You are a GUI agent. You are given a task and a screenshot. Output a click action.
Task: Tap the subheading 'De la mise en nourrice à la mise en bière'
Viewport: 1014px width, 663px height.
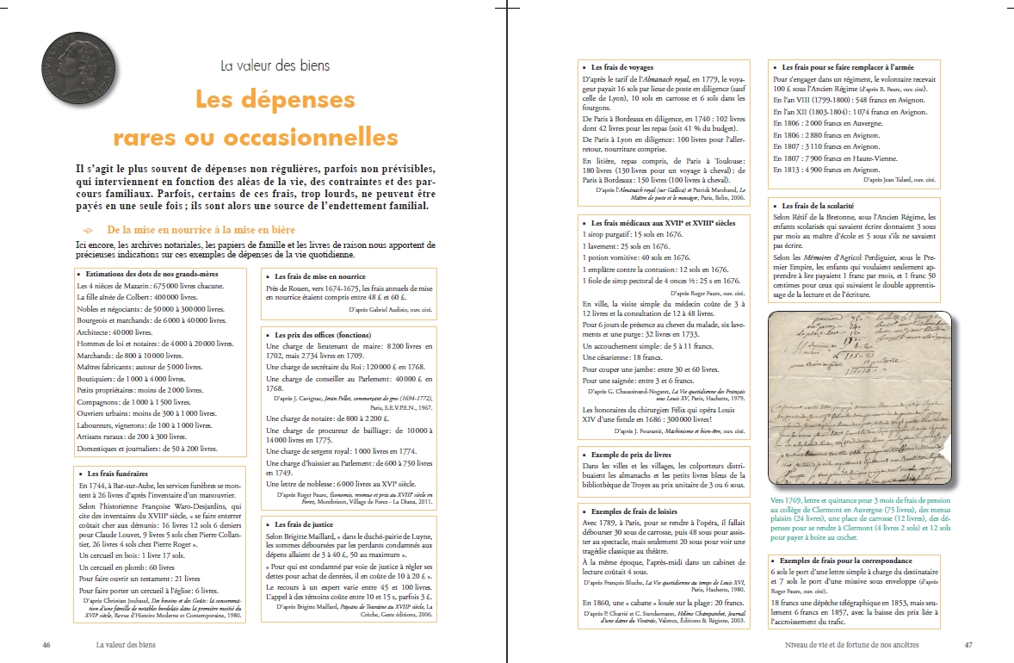click(201, 231)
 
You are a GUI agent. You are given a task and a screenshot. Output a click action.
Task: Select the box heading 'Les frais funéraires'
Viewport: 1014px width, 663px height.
click(117, 473)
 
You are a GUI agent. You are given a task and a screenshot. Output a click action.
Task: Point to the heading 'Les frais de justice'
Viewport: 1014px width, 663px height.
click(306, 524)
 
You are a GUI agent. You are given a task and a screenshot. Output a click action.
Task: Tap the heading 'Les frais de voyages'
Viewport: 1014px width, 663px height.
click(621, 66)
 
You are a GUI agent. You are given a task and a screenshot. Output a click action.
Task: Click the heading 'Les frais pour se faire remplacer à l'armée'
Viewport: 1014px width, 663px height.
click(848, 66)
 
